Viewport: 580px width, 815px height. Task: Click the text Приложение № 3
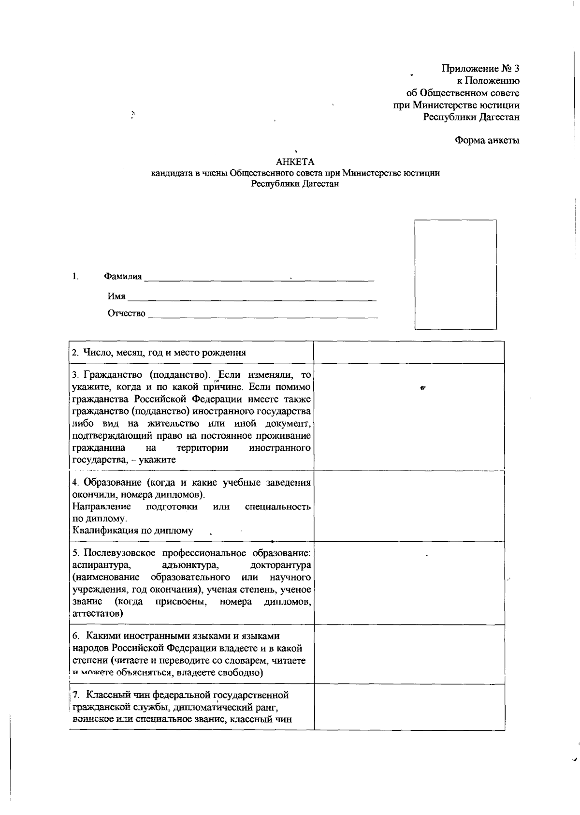480,69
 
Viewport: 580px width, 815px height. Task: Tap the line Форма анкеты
487,141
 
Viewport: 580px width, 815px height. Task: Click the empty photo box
456,274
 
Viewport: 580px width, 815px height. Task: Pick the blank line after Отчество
262,315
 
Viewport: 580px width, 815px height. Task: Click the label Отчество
126,313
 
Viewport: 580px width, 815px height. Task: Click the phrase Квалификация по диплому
132,531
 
